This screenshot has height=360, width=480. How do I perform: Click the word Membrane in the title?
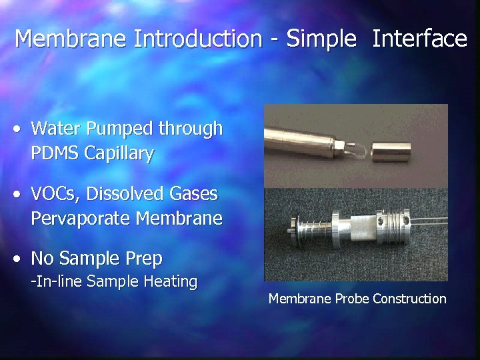pos(71,39)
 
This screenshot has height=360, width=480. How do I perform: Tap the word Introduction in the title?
pos(198,39)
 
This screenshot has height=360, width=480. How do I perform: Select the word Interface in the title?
pos(419,39)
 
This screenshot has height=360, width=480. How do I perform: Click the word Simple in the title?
pos(322,39)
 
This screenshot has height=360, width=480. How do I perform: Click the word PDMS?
pos(55,153)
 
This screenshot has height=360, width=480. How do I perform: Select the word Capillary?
pos(119,153)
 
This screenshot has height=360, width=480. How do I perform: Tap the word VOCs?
pos(54,194)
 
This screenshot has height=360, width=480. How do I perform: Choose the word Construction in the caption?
pos(409,299)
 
